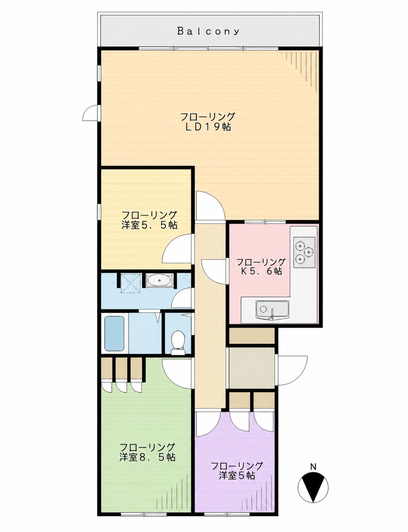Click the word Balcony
208,32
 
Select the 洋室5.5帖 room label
149,225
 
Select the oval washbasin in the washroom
159,280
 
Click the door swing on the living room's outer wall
91,113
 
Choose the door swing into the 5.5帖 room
178,248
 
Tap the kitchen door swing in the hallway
214,271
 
